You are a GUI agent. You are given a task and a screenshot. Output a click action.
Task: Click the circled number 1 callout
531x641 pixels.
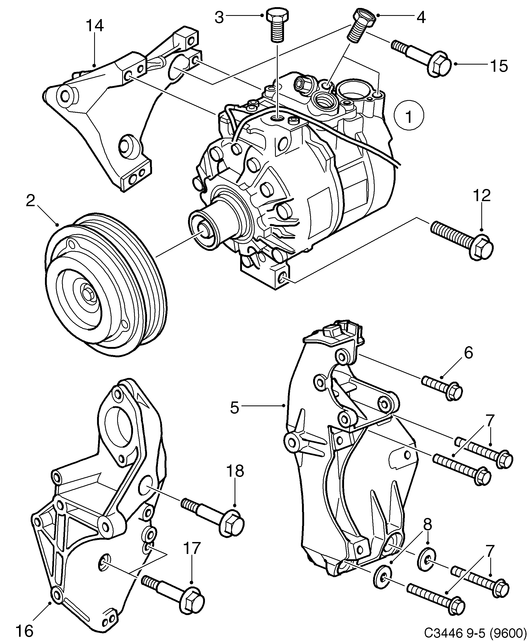[408, 116]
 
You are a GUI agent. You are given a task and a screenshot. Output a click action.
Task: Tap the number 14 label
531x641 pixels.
[95, 26]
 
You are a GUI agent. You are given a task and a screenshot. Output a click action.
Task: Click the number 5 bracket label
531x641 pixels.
[234, 408]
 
